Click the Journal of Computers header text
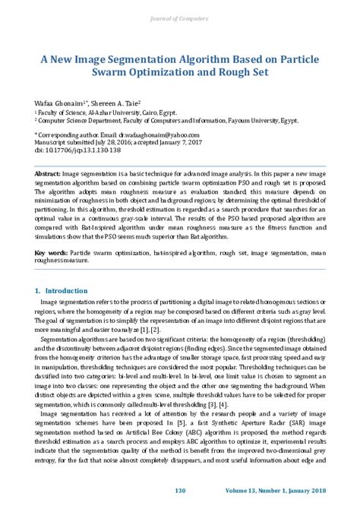(180, 17)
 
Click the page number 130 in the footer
(180, 490)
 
